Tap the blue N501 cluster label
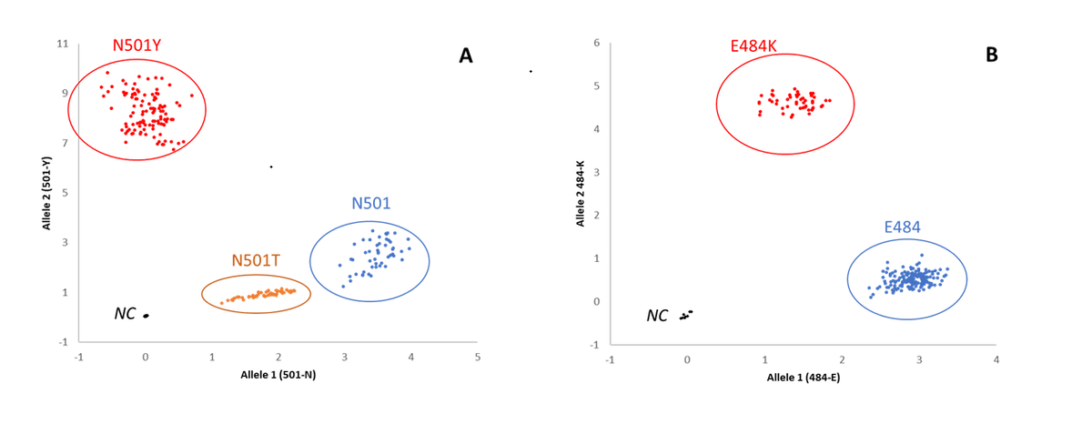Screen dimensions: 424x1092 371,204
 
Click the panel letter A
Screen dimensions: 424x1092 465,56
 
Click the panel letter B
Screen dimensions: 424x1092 991,56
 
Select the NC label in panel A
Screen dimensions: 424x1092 125,314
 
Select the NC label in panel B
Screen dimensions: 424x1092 657,316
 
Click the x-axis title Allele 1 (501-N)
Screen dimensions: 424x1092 278,374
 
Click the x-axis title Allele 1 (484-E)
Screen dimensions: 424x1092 804,376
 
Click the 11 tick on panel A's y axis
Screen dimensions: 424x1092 62,44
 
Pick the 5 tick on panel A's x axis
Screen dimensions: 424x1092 478,357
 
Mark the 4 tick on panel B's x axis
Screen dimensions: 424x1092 996,359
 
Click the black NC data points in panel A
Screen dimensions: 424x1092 146,316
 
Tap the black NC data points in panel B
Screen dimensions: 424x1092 686,315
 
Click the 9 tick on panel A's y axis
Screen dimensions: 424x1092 64,93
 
